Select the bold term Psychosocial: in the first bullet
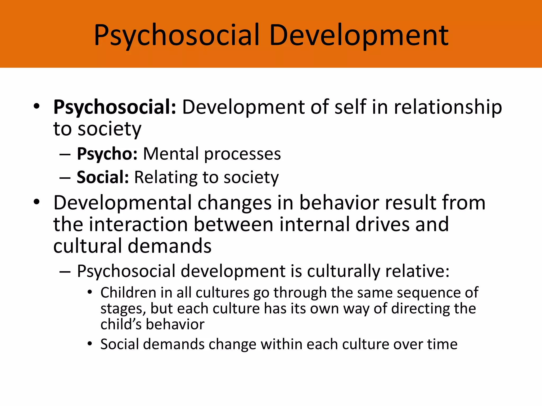115,107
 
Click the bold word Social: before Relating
103,177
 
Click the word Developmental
122,203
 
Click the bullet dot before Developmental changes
37,202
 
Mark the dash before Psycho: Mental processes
65,154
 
